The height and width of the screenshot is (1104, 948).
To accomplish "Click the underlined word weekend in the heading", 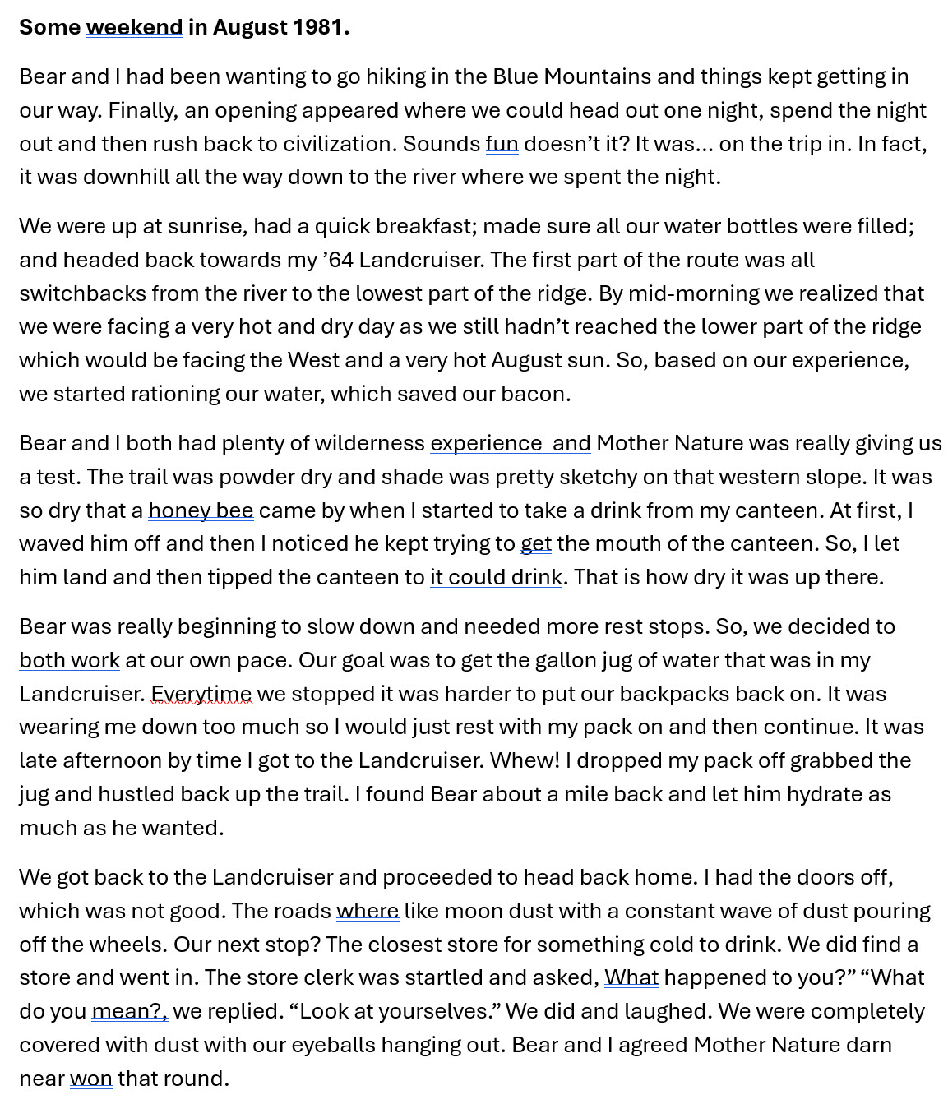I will pyautogui.click(x=134, y=27).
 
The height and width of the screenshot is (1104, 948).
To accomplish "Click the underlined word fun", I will pyautogui.click(x=502, y=144).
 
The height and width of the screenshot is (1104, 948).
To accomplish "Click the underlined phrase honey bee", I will pyautogui.click(x=201, y=510).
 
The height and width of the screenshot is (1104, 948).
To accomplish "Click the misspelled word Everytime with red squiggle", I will pyautogui.click(x=201, y=694).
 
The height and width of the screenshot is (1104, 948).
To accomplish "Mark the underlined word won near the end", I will pyautogui.click(x=90, y=1079).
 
